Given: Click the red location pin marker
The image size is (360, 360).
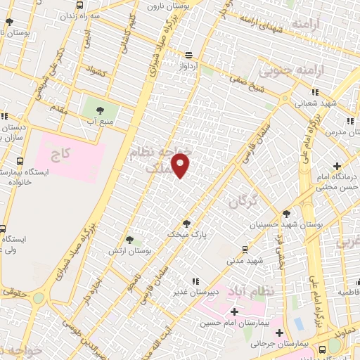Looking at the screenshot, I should [x=181, y=165].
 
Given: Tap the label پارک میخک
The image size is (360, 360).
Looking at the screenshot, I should [x=183, y=232].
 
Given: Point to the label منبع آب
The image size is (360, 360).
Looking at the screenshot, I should [x=100, y=121].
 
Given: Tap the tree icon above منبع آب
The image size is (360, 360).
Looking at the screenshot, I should [x=99, y=110].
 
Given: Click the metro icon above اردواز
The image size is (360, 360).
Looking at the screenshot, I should [x=188, y=54].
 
